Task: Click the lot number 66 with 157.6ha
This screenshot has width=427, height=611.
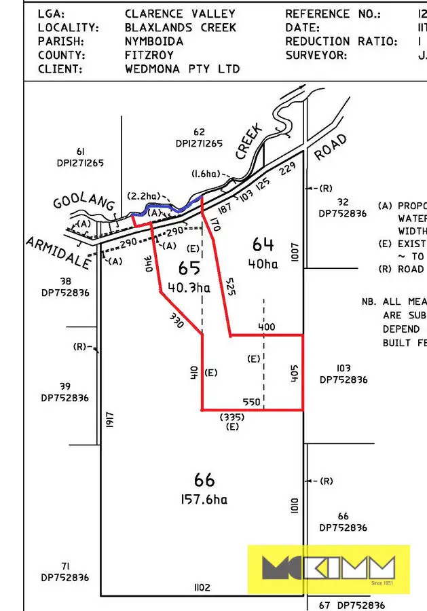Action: pos(204,481)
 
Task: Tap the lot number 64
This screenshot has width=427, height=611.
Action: pos(263,244)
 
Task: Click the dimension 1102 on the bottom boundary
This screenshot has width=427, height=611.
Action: pos(202,587)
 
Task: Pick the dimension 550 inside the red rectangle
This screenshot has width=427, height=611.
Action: pos(252,402)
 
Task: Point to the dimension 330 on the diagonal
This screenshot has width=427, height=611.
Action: pos(177,320)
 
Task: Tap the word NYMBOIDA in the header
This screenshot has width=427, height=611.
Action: pos(154,41)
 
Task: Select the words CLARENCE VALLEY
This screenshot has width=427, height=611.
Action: pos(180,14)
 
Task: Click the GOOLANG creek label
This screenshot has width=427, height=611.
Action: pos(81,203)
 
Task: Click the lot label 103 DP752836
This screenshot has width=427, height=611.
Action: pos(343,374)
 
